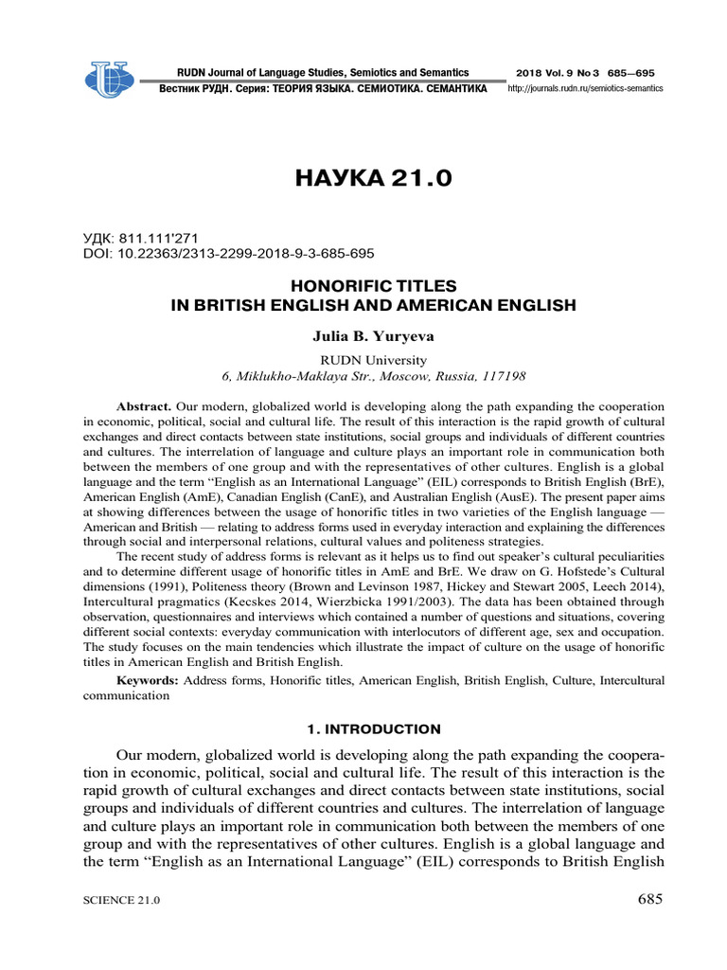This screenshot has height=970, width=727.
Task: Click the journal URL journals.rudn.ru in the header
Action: click(x=586, y=88)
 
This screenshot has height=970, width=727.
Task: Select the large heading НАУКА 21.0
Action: click(x=363, y=179)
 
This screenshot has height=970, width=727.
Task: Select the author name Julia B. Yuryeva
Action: click(x=364, y=335)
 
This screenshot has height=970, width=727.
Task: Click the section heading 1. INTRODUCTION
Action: click(x=363, y=728)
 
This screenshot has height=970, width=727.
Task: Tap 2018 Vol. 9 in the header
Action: click(x=542, y=73)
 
